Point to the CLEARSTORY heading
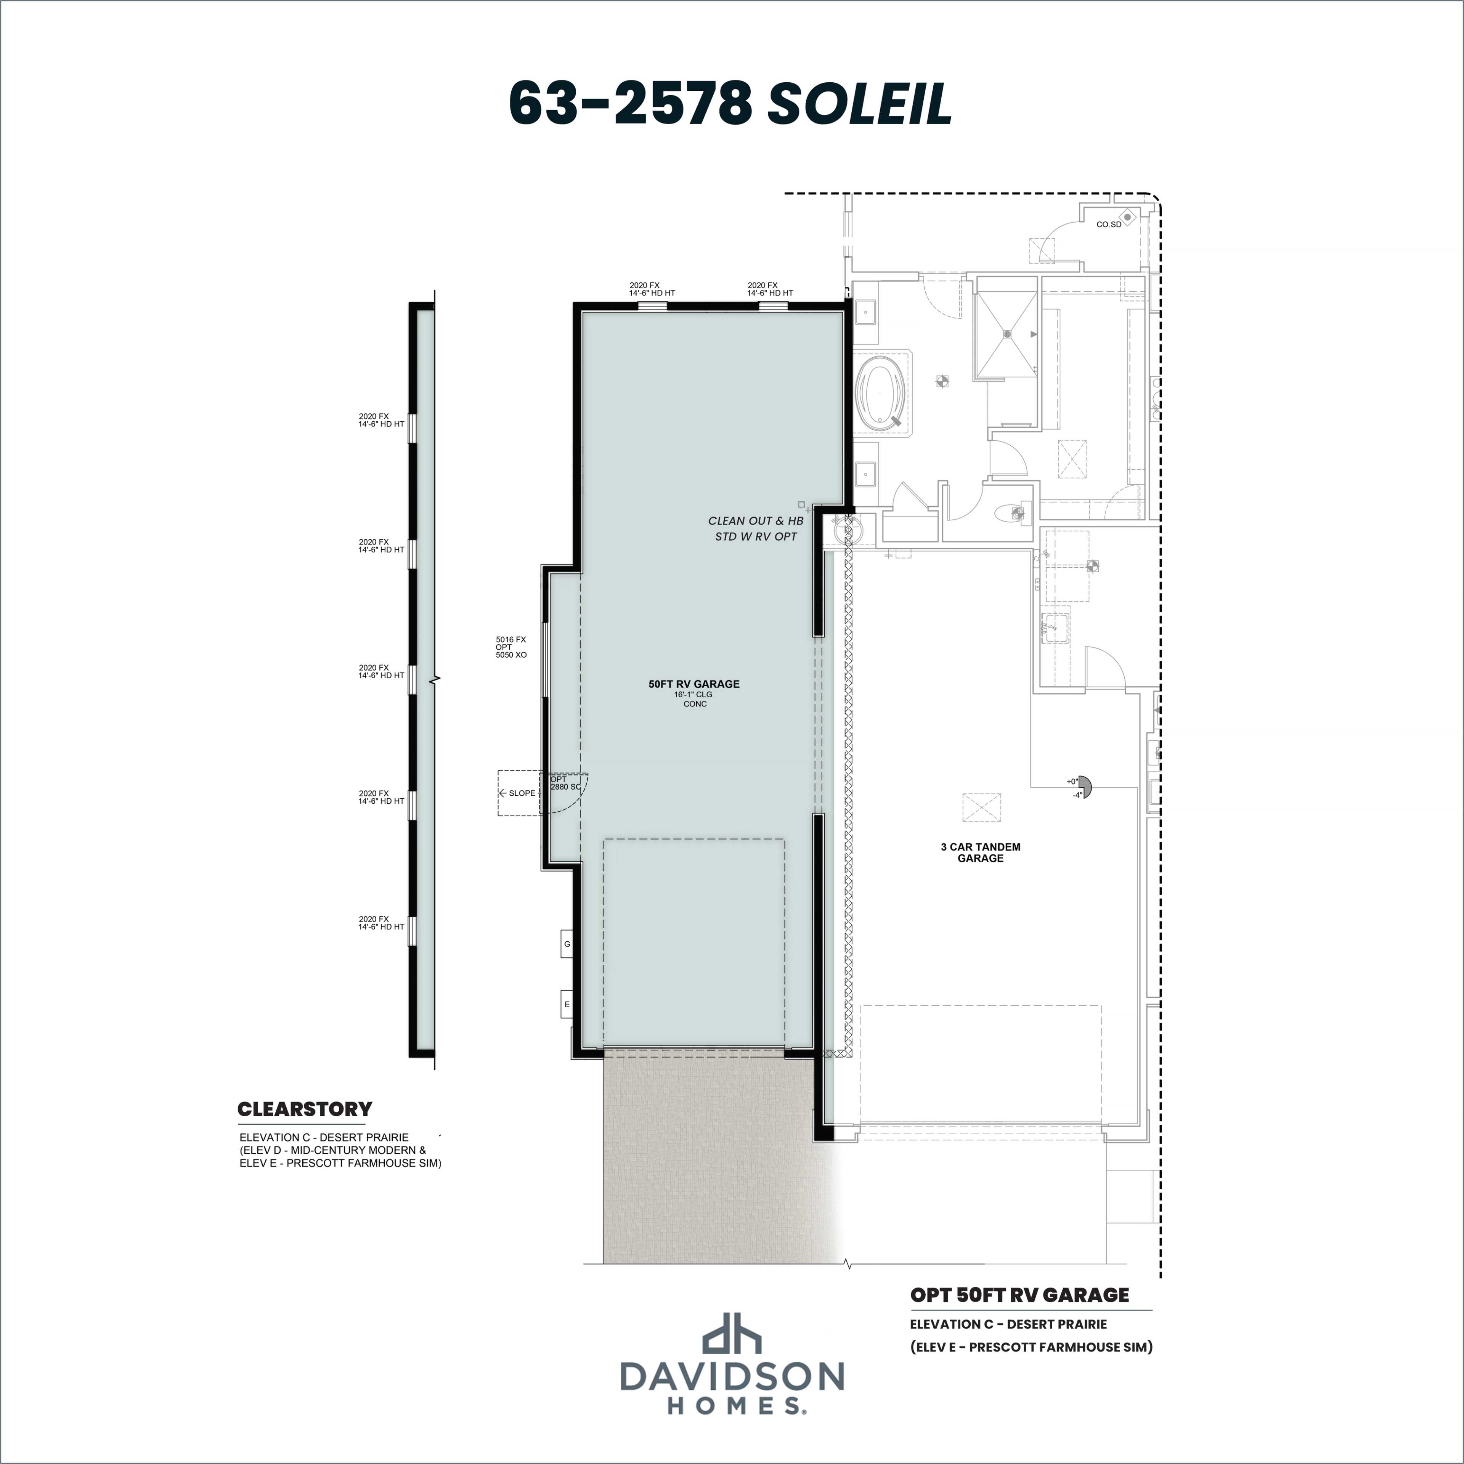click(305, 1109)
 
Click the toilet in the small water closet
click(1011, 513)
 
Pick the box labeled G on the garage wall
click(567, 944)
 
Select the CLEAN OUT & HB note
click(756, 520)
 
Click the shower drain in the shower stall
click(1007, 334)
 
